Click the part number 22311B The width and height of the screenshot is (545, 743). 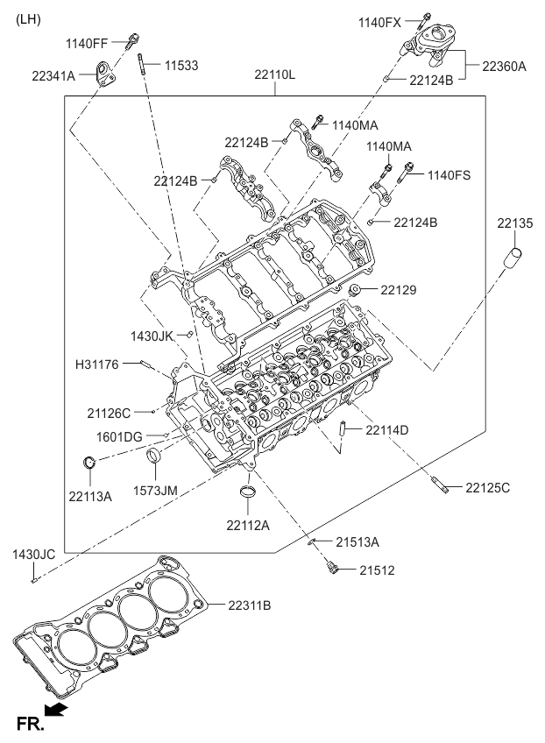pos(250,605)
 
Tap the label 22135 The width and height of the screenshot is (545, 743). pos(515,223)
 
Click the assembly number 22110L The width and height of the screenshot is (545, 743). pos(275,74)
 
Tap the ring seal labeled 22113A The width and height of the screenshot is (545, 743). pos(88,463)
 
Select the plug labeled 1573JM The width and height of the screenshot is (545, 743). pos(154,457)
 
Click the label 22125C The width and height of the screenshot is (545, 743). pos(487,486)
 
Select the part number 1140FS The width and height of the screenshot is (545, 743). pos(449,175)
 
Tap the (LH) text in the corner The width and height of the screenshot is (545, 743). pos(28,18)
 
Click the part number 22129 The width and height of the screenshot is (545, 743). pos(399,289)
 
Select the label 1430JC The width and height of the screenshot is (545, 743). pos(34,554)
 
